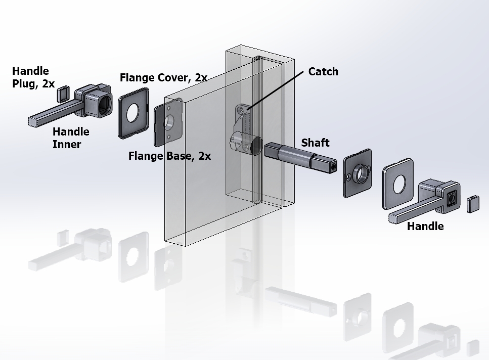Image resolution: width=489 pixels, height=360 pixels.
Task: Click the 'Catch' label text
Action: coord(323,72)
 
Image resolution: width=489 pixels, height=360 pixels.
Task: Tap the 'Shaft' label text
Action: coord(315,143)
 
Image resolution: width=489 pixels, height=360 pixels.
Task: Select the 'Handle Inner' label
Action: coord(71,138)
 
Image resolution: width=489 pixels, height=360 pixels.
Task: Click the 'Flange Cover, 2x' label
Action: coord(163,78)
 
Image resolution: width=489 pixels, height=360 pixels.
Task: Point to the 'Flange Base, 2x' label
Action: coord(169,156)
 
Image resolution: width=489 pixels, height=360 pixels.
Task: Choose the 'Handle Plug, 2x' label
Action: coord(33,77)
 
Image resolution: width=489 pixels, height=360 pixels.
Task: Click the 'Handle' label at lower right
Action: coord(425,227)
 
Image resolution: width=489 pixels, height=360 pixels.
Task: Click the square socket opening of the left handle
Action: coord(106,104)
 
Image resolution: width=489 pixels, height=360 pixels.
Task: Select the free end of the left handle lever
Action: coord(33,121)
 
